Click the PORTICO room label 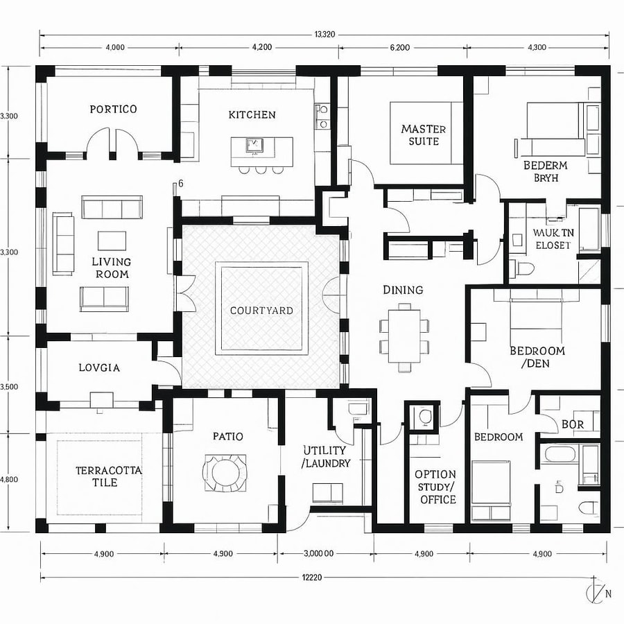(113, 109)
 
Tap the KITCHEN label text (252, 114)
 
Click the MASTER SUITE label (423, 135)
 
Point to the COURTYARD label (261, 310)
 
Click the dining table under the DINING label (403, 336)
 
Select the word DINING (403, 290)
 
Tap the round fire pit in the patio (225, 473)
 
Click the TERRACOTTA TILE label (110, 476)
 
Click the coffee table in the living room (112, 240)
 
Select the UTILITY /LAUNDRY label (326, 456)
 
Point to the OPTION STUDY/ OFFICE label (435, 487)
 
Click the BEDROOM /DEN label (537, 357)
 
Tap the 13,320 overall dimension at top (325, 35)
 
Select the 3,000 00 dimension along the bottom (319, 553)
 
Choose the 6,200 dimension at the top (400, 48)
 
